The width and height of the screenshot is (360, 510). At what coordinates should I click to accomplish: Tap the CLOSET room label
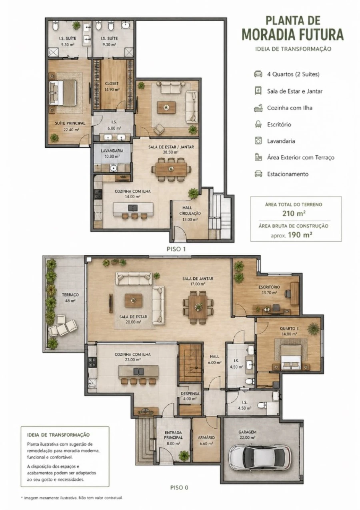(112, 84)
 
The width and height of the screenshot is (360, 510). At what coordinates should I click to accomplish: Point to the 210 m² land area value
(294, 213)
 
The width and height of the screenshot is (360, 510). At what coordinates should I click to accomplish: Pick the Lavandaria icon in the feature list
(258, 141)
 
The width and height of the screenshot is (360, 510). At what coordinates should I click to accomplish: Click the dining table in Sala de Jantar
(198, 307)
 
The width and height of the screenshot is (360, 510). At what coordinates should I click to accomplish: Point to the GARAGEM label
(247, 432)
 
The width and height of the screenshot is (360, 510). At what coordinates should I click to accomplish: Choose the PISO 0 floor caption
(179, 488)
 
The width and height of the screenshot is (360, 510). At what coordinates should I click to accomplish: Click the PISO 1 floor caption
(176, 249)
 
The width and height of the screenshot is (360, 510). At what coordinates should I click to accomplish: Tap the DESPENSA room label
(190, 394)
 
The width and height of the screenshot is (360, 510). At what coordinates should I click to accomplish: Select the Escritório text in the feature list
(279, 124)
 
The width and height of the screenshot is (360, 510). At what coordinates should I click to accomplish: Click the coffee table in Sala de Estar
(134, 300)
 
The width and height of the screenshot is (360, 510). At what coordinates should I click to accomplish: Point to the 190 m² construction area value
(300, 235)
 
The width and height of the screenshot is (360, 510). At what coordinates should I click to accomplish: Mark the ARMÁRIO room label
(206, 438)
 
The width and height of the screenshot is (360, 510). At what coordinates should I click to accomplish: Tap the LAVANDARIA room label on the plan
(112, 151)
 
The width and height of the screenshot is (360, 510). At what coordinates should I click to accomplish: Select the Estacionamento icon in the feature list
(258, 174)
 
